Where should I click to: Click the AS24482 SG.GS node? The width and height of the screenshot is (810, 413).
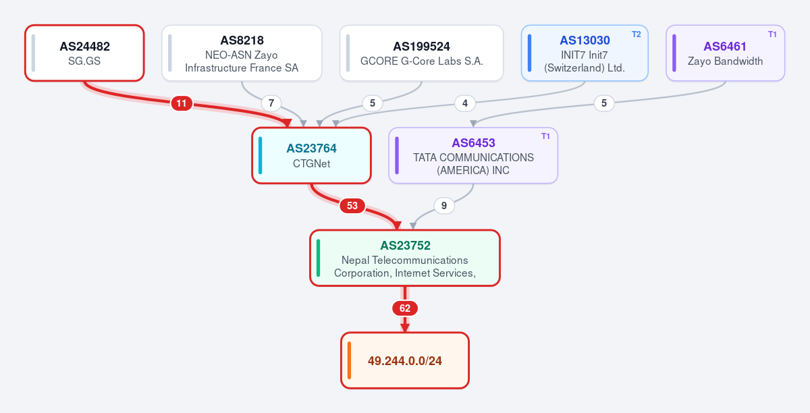click(x=84, y=53)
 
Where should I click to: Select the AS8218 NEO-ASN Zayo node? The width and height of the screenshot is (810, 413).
click(x=242, y=53)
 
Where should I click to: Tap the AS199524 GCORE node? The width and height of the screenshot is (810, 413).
click(x=422, y=53)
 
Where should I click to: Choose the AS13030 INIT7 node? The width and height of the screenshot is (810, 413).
click(x=585, y=53)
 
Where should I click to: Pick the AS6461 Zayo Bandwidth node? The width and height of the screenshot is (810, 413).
click(x=726, y=53)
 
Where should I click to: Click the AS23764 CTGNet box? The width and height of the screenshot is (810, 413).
click(x=311, y=155)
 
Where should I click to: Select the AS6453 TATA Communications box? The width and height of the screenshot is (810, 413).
click(x=473, y=155)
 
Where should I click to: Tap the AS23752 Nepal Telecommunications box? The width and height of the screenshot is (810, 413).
click(x=405, y=258)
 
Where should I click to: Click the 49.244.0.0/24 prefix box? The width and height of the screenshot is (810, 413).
click(x=405, y=360)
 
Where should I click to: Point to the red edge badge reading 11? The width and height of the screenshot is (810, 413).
click(x=182, y=103)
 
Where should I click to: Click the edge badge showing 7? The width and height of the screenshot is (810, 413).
click(x=271, y=103)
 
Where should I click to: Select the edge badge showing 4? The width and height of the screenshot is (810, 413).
click(x=465, y=103)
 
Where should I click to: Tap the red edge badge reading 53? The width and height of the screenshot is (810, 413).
click(x=352, y=206)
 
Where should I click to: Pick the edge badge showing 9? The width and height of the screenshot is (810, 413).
click(x=444, y=206)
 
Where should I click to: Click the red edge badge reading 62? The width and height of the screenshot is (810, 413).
click(x=405, y=308)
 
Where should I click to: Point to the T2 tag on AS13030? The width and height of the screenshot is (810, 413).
click(x=636, y=34)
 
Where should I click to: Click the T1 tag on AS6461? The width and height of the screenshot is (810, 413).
click(x=772, y=34)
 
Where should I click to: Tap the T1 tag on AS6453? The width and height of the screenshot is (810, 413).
click(x=545, y=136)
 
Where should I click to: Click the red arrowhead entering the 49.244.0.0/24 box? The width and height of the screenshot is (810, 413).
click(x=405, y=328)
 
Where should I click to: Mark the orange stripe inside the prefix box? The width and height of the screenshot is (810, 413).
click(x=350, y=360)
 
